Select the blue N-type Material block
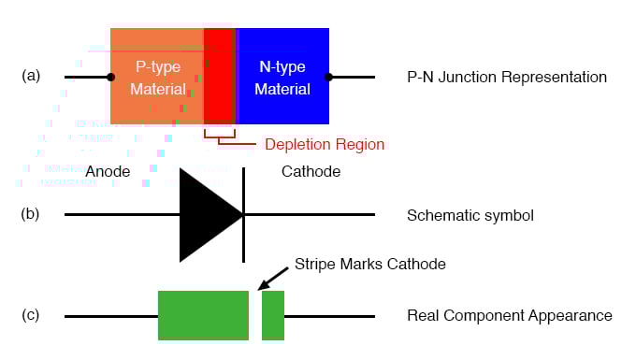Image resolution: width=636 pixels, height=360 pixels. pyautogui.click(x=282, y=77)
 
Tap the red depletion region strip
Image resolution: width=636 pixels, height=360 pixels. pyautogui.click(x=219, y=77)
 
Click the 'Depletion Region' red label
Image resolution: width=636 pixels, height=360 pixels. pyautogui.click(x=324, y=145)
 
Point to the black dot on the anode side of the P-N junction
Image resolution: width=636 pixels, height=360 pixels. pyautogui.click(x=110, y=77)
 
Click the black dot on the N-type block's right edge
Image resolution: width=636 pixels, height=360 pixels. pyautogui.click(x=329, y=77)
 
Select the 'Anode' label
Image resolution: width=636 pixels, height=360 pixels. pyautogui.click(x=108, y=172)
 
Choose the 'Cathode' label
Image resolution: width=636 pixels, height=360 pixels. pyautogui.click(x=311, y=172)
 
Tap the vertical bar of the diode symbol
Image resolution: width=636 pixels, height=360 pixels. pyautogui.click(x=244, y=215)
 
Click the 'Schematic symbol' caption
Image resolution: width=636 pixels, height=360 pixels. pyautogui.click(x=470, y=216)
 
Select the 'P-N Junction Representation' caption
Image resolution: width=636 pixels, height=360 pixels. pyautogui.click(x=507, y=77)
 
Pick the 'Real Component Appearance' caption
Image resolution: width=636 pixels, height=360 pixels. pyautogui.click(x=510, y=316)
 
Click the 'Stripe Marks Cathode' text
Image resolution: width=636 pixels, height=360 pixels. pyautogui.click(x=369, y=265)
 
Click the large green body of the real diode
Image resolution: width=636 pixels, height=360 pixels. pyautogui.click(x=203, y=315)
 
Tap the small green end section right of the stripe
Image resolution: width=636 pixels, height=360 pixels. pyautogui.click(x=273, y=315)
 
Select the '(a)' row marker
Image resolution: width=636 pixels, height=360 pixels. pyautogui.click(x=31, y=77)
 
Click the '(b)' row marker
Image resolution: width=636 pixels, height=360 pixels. pyautogui.click(x=31, y=214)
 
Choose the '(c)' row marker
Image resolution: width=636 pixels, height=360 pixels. pyautogui.click(x=31, y=315)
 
